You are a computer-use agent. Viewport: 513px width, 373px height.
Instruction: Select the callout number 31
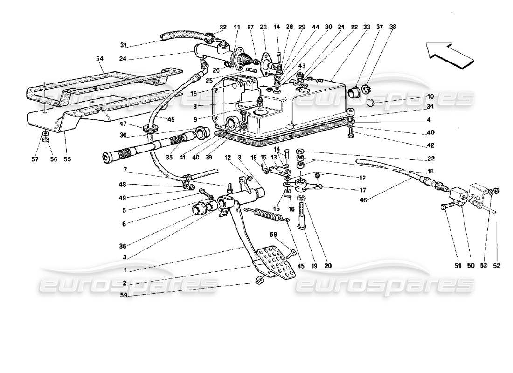coord(123,45)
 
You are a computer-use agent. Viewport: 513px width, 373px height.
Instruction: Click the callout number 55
coord(68,159)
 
